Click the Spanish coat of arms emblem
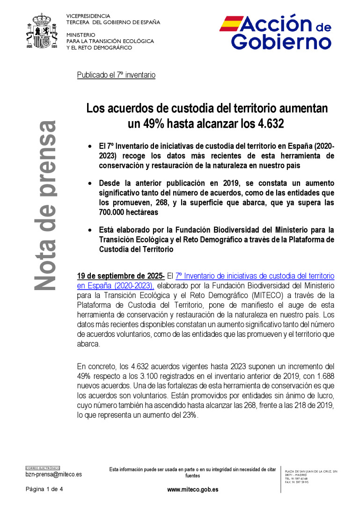pos(43,32)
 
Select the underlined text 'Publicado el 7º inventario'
pos(116,75)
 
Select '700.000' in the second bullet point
pos(114,212)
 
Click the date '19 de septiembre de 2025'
pos(120,276)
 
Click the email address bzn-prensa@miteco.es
pos(53,474)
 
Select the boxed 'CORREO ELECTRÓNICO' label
pos(43,468)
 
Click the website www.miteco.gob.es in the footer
pos(192,490)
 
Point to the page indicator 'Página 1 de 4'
pos(44,489)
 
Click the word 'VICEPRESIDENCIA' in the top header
pos(88,16)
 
